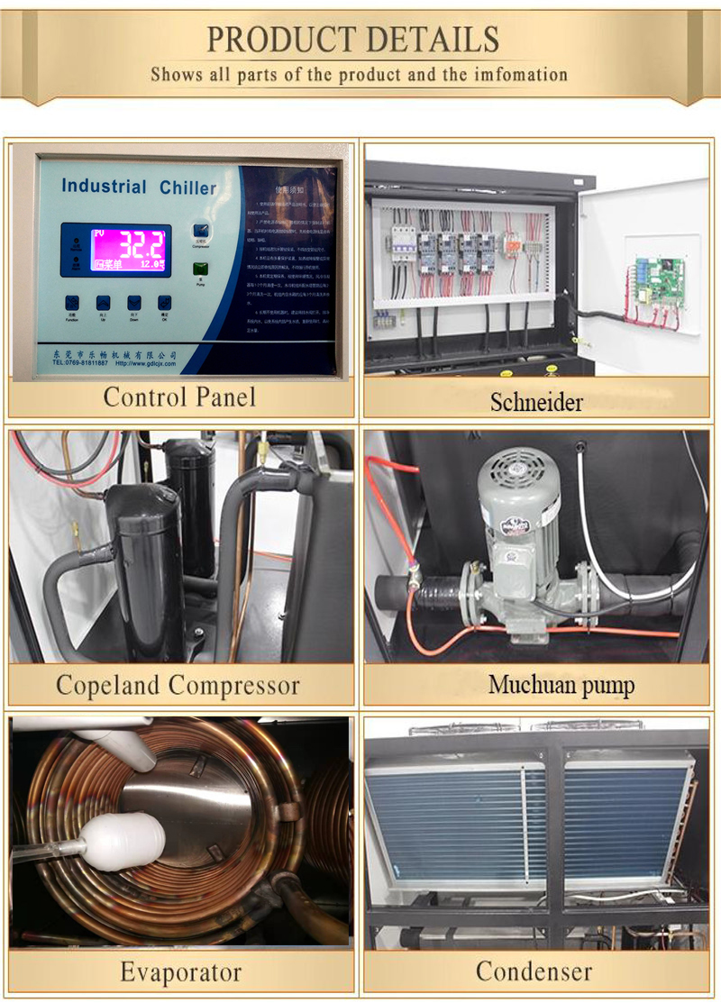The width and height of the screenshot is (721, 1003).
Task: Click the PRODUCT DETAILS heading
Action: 353,39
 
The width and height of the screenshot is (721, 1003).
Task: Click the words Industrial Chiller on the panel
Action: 139,187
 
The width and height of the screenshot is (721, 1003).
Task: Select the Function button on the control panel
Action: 73,304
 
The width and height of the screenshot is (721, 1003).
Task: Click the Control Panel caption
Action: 179,397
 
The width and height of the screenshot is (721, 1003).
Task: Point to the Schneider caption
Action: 537,402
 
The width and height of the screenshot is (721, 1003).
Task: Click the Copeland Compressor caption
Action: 178,685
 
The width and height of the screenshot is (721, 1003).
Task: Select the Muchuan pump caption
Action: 561,685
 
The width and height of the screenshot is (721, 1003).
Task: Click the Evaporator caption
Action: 180,972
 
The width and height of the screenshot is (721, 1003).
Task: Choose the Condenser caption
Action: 534,971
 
